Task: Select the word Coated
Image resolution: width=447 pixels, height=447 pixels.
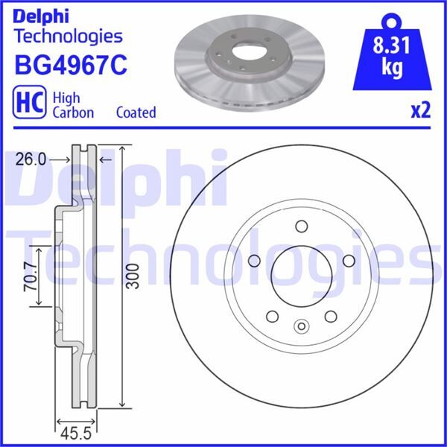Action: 136,112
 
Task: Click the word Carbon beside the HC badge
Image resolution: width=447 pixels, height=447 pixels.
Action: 72,112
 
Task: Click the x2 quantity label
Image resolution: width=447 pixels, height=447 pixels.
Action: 421,111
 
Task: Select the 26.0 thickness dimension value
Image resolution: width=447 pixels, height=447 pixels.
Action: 31,159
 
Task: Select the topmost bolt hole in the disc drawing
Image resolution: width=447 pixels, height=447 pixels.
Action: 301,227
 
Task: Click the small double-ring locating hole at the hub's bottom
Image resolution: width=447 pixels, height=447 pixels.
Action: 301,326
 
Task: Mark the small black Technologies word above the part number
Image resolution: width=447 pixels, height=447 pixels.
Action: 68,35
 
